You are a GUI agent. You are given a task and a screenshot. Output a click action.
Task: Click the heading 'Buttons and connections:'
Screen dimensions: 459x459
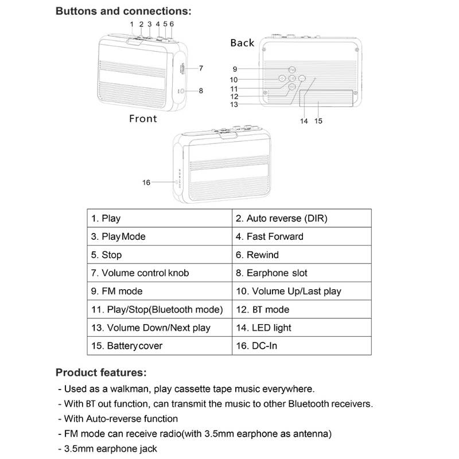tap(123, 11)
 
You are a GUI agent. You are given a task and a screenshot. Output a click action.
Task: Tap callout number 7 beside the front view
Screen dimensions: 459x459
tap(201, 68)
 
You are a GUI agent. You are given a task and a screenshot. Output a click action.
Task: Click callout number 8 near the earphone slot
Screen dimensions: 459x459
tap(201, 90)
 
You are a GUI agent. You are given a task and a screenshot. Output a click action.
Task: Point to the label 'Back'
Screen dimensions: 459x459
tap(242, 43)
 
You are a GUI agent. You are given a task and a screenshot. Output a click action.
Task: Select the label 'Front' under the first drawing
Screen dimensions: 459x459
tap(143, 119)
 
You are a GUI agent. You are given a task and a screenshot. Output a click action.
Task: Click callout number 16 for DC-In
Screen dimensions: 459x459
tap(146, 182)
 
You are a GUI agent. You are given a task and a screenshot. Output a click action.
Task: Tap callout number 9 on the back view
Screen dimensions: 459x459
tap(235, 68)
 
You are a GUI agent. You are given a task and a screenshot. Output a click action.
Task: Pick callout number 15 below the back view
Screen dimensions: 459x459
tap(318, 121)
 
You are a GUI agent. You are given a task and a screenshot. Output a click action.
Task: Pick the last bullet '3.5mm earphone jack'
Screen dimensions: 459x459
tap(110, 449)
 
